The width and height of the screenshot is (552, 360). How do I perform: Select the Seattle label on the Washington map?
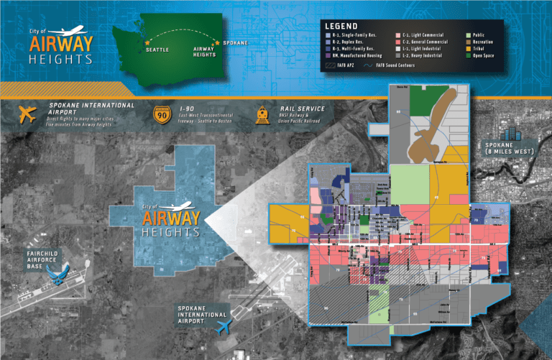157,50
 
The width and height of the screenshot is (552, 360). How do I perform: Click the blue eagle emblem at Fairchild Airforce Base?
55,272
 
